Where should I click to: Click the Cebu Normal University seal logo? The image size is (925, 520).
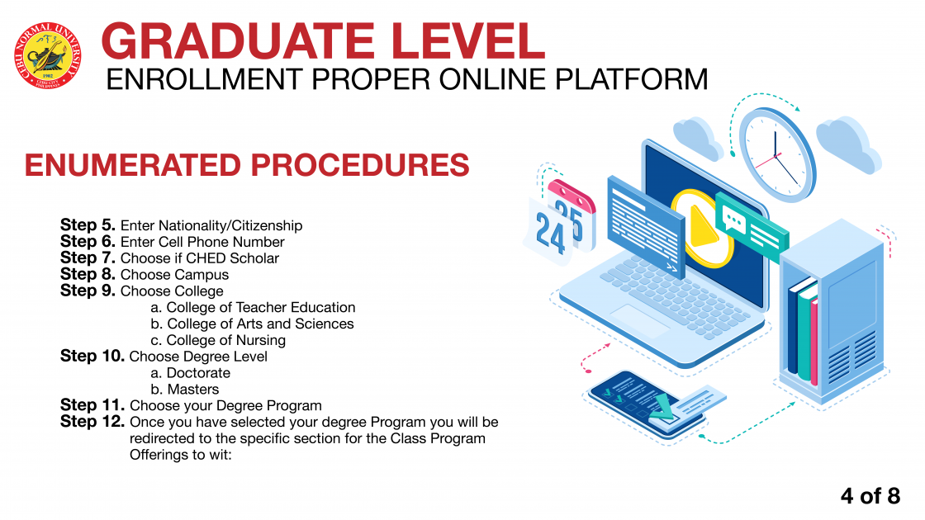click(48, 56)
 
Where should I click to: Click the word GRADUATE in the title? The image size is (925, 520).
click(238, 41)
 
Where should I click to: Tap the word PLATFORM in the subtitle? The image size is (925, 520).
click(631, 79)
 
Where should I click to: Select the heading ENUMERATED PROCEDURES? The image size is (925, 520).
click(247, 165)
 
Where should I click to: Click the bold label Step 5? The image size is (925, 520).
click(88, 225)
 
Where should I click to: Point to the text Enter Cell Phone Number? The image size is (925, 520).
click(202, 242)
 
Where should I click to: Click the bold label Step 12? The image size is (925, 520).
click(92, 422)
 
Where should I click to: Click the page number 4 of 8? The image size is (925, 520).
click(870, 496)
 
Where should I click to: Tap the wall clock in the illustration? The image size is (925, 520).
click(777, 154)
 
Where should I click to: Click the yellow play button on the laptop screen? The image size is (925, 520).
click(702, 228)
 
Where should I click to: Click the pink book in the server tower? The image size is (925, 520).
click(814, 342)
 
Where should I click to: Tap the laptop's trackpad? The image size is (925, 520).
click(640, 320)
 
